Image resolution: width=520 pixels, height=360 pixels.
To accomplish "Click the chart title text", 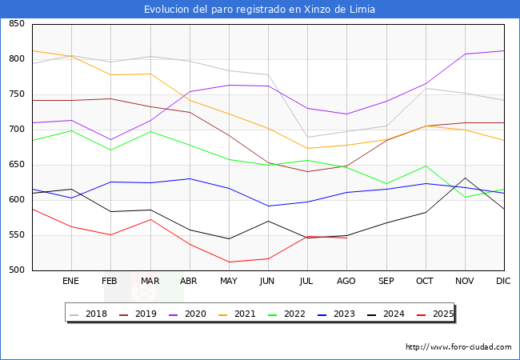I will [259, 10].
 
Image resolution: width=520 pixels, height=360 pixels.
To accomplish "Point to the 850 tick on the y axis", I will [16, 24].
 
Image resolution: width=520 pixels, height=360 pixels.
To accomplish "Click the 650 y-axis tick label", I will [16, 165].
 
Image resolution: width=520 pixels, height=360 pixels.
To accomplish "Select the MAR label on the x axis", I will [150, 282].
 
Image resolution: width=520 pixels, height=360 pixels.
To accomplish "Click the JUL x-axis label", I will [307, 282].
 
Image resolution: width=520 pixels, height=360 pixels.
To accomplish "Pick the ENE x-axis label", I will [71, 282].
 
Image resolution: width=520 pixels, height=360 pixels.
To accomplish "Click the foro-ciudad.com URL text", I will [458, 347].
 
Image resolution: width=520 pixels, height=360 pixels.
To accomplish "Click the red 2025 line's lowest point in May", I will [229, 262].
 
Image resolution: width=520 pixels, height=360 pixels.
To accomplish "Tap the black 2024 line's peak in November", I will [465, 178].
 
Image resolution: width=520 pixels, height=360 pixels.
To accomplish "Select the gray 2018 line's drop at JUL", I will [307, 137].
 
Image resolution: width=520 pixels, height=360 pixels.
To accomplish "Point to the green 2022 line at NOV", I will [465, 197].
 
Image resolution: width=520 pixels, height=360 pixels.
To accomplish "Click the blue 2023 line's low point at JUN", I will [268, 206].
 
